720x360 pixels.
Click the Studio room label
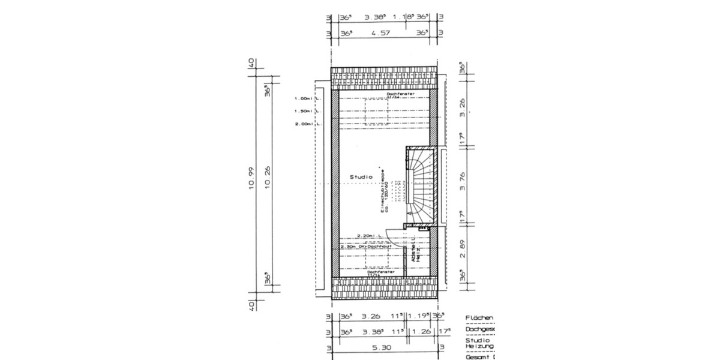pos(361,177)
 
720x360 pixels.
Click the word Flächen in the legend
pos(479,318)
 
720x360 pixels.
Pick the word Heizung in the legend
pos(479,346)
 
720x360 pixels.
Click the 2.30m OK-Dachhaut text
pos(366,247)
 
